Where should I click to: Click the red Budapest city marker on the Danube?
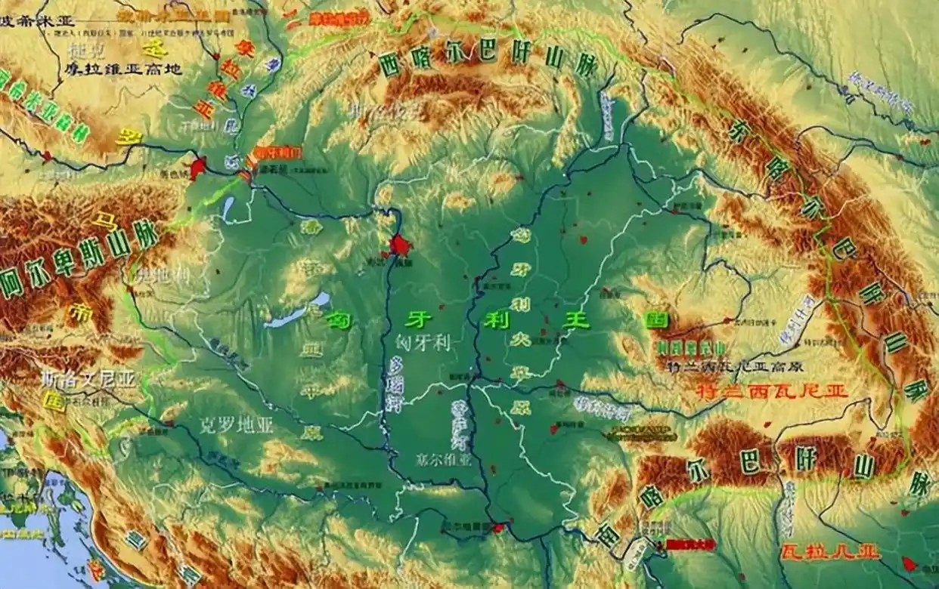click(x=398, y=244)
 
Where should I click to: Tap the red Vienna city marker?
click(x=198, y=168)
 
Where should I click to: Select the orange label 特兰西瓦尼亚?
click(x=771, y=391)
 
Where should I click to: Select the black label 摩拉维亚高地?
click(x=121, y=69)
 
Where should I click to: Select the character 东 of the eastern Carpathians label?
click(x=738, y=132)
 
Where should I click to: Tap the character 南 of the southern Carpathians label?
click(x=609, y=534)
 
